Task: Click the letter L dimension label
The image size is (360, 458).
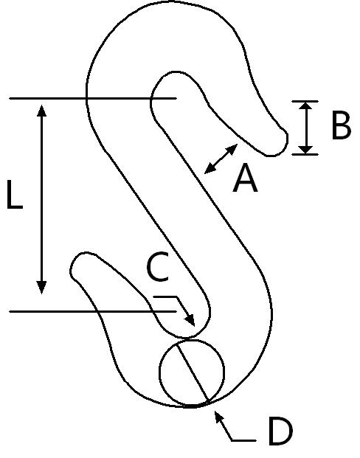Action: click(15, 195)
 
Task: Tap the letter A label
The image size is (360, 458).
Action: click(245, 178)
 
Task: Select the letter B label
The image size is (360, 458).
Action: click(342, 125)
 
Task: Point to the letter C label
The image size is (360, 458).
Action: click(158, 267)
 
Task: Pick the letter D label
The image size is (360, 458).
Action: click(280, 431)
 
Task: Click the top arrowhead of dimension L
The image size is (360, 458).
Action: click(41, 111)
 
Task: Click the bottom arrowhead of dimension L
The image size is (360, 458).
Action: click(41, 287)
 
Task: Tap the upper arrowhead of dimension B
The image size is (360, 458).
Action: click(305, 105)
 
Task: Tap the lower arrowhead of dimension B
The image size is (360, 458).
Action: click(305, 150)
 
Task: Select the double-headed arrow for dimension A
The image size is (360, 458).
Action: click(221, 159)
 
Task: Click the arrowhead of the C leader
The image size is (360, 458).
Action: click(190, 320)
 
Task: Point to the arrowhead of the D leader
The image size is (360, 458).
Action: click(218, 417)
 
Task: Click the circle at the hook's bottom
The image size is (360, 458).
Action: click(160, 372)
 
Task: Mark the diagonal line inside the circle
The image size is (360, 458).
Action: click(193, 372)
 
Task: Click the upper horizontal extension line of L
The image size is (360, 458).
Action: click(93, 99)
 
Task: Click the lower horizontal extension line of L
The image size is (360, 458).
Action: click(93, 312)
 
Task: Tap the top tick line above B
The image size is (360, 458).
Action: click(305, 101)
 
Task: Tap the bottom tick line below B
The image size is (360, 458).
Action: click(305, 154)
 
